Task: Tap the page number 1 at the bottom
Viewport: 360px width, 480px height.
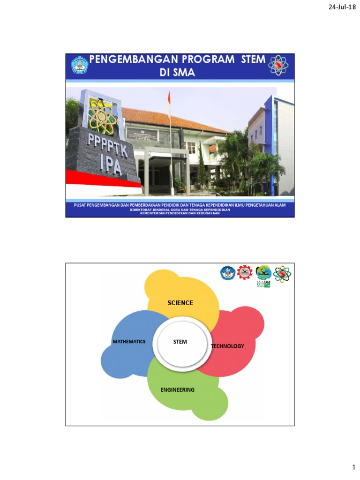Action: [354, 468]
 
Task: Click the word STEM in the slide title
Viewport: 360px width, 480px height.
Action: [253, 60]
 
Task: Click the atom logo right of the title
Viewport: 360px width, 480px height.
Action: [278, 65]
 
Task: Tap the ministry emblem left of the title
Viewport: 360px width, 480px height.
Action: [80, 65]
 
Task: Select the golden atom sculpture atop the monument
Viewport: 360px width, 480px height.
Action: [103, 115]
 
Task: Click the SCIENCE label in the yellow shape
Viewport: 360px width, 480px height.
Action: [180, 303]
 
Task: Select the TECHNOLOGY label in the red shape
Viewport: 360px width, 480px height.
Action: [228, 346]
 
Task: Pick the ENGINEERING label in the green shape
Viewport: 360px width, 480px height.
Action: [177, 390]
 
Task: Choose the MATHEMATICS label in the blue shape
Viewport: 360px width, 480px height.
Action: [129, 342]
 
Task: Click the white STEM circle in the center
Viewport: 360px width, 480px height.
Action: [180, 342]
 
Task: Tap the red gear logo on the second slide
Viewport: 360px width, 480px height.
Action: [244, 273]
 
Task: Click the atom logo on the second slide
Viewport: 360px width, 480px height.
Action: [282, 274]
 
